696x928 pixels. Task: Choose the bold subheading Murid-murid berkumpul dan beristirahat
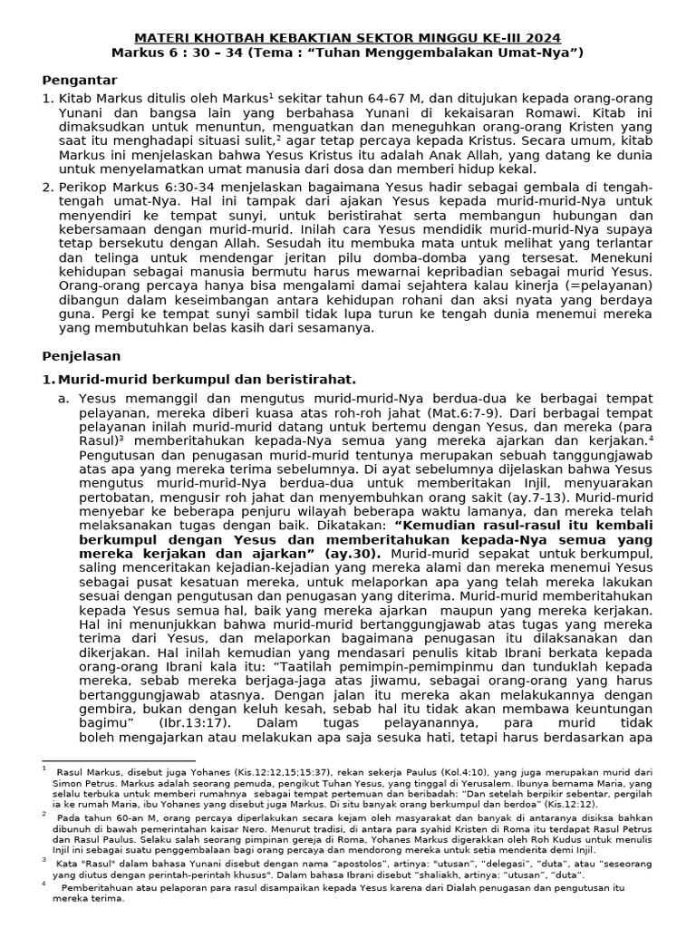(207, 379)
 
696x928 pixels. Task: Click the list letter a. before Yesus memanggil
(63, 398)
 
